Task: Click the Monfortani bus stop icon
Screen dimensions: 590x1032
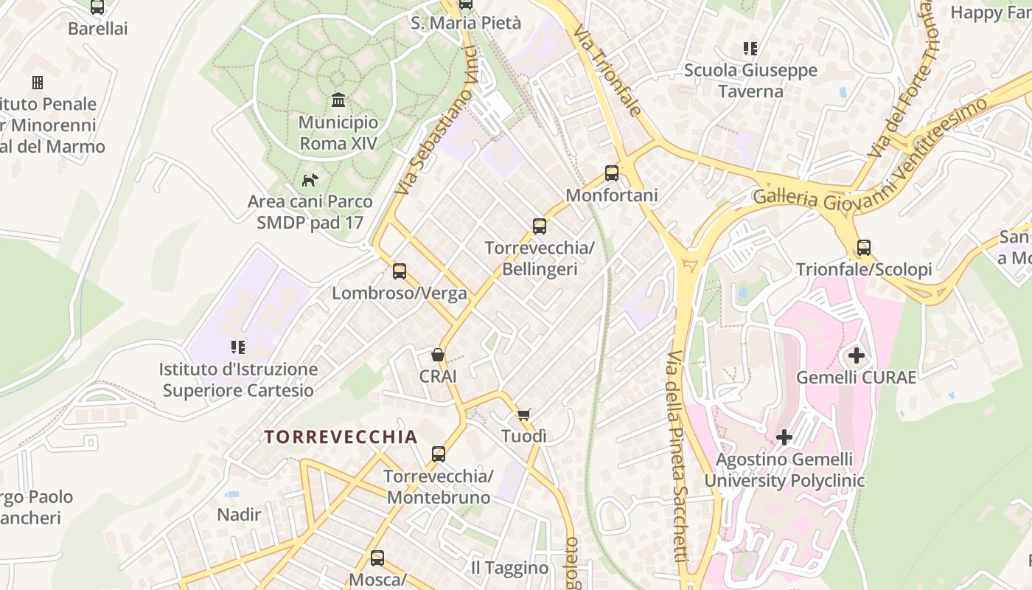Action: click(612, 174)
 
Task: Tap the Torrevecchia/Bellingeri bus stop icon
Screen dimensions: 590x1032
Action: click(540, 226)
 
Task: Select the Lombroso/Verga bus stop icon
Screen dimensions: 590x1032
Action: click(400, 271)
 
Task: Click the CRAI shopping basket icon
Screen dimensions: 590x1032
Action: click(438, 355)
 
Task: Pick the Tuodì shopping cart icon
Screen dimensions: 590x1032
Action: click(523, 414)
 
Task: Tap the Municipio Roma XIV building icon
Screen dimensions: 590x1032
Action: click(338, 100)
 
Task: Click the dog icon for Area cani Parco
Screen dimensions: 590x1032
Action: click(310, 179)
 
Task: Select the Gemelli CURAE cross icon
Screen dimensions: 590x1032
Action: click(856, 356)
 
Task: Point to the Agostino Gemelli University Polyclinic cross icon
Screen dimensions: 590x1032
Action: click(784, 438)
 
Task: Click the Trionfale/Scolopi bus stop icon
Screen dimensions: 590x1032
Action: click(864, 248)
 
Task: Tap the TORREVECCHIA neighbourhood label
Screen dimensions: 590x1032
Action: click(341, 437)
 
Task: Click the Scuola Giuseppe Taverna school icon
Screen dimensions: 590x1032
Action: click(750, 49)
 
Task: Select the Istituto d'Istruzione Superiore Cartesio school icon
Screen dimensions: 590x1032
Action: click(238, 347)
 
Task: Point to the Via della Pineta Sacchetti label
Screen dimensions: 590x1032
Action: click(676, 457)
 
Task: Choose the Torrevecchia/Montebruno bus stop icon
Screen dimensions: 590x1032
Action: click(439, 454)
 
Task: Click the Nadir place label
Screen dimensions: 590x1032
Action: click(239, 514)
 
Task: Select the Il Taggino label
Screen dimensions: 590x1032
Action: click(510, 568)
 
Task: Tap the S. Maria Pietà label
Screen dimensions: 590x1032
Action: click(466, 23)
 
